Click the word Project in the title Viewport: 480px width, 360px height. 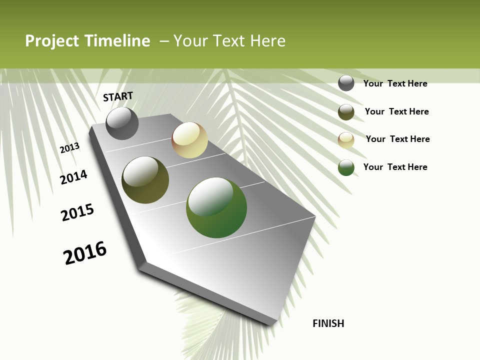[x=52, y=41]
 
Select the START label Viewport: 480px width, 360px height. [x=118, y=96]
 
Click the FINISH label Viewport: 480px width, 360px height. [x=328, y=323]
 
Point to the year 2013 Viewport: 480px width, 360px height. [x=69, y=148]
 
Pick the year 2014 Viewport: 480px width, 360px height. [x=73, y=177]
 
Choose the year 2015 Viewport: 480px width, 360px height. [x=77, y=212]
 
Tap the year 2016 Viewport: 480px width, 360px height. [x=85, y=253]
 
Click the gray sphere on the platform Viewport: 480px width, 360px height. [x=122, y=123]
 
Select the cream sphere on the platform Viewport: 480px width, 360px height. [x=189, y=140]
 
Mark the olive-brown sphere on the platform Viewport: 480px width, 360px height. [x=145, y=180]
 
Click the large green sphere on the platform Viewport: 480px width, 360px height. [x=216, y=207]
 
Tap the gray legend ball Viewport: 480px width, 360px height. [x=346, y=83]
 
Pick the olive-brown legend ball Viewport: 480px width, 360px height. [x=346, y=112]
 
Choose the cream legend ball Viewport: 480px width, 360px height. [x=346, y=140]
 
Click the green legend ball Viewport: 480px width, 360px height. [x=346, y=167]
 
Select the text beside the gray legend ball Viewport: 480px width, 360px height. [x=395, y=83]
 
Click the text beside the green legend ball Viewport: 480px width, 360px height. [x=395, y=167]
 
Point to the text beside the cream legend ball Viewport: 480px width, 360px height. [x=397, y=139]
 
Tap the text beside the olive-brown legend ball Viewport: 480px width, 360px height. [x=396, y=111]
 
